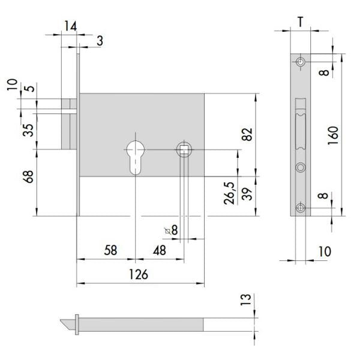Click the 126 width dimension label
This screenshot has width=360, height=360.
click(139, 274)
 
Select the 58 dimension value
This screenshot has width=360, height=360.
click(110, 250)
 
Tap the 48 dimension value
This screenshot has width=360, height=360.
click(160, 250)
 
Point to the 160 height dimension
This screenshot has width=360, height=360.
click(333, 135)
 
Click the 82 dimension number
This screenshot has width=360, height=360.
click(247, 134)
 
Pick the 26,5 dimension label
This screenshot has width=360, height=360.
click(229, 193)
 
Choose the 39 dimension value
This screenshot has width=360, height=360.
click(247, 194)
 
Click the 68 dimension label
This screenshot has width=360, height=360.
click(28, 176)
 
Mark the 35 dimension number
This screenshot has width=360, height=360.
click(28, 130)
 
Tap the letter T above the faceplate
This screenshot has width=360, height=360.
click(301, 22)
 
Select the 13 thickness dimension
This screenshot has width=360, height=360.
click(245, 299)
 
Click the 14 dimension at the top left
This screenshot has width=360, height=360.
click(70, 26)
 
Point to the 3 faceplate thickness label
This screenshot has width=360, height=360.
click(100, 41)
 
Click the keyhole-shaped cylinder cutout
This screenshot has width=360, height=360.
click(136, 157)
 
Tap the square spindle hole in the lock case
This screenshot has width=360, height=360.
click(184, 149)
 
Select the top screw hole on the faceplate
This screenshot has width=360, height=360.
click(301, 62)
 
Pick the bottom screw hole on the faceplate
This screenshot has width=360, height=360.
click(301, 208)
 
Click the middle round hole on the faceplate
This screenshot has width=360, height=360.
click(301, 167)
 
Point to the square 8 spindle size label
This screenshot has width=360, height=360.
click(172, 230)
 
